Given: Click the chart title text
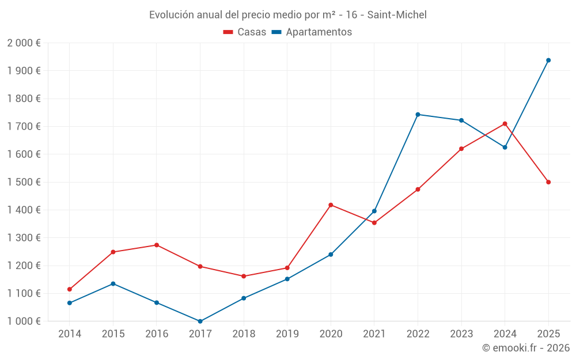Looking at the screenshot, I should (287, 14).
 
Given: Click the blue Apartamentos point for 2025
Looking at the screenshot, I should (548, 60).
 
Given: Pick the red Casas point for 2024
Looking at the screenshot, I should (505, 124).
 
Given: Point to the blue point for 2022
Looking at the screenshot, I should (418, 114).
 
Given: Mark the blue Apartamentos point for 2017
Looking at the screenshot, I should (200, 321).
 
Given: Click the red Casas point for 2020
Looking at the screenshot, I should (331, 205).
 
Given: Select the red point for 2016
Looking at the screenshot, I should (157, 245).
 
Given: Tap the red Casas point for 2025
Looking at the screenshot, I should (548, 182).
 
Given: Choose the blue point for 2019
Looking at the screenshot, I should (287, 279).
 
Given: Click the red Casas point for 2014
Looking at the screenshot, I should (70, 289).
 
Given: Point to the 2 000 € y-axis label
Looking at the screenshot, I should (24, 43).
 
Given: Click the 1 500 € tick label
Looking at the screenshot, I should (24, 182).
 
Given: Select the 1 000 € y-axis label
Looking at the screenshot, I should (24, 321).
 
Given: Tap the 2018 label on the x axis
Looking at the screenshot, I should (244, 334).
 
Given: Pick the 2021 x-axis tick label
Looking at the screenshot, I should (374, 334).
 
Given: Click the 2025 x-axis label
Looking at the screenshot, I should (548, 334).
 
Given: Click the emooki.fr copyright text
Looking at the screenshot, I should (525, 348).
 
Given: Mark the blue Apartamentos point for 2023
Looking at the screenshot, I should (461, 120).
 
